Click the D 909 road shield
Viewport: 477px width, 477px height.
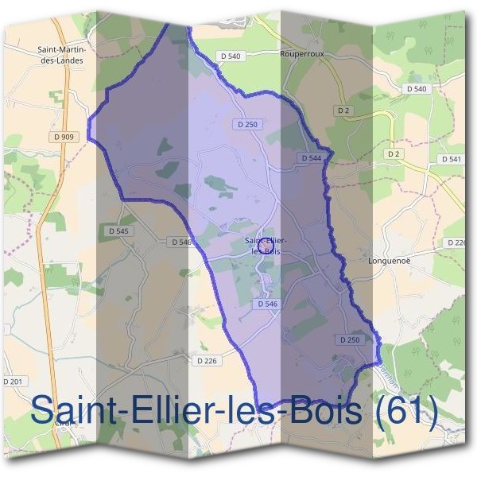[x=65, y=137]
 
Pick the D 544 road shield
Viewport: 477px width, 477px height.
[x=312, y=158]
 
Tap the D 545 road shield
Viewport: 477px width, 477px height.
[x=117, y=231]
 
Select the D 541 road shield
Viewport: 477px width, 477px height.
[x=450, y=160]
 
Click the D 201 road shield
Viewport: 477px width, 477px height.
[x=13, y=382]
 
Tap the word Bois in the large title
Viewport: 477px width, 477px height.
[x=323, y=412]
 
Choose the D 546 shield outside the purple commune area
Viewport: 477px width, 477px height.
[x=180, y=242]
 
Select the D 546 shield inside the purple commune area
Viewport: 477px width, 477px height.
[x=267, y=304]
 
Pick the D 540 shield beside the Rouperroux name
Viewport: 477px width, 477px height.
[x=229, y=56]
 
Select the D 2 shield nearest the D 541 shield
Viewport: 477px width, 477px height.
[x=392, y=153]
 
